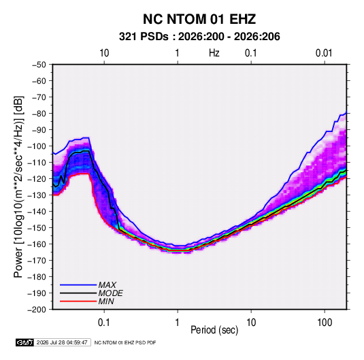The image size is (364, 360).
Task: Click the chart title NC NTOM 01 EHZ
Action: pyautogui.click(x=199, y=19)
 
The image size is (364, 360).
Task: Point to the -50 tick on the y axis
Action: pyautogui.click(x=39, y=65)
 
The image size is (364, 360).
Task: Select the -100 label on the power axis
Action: pyautogui.click(x=37, y=146)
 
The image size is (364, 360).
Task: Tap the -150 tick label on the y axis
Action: pyautogui.click(x=37, y=228)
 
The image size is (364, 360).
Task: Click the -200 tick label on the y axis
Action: pyautogui.click(x=37, y=310)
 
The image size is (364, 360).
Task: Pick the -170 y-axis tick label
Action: pyautogui.click(x=37, y=261)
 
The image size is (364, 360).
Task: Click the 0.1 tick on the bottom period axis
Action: pyautogui.click(x=104, y=323)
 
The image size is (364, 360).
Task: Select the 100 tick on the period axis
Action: pyautogui.click(x=325, y=323)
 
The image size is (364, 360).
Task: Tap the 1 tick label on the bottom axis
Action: pyautogui.click(x=178, y=323)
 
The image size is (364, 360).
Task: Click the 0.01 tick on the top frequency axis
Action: pyautogui.click(x=324, y=53)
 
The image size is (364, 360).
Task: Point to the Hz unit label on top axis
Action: pyautogui.click(x=214, y=53)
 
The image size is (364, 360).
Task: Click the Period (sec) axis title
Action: pyautogui.click(x=214, y=330)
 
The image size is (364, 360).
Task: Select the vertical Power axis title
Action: pyautogui.click(x=18, y=187)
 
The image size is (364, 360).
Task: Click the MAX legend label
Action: pyautogui.click(x=107, y=285)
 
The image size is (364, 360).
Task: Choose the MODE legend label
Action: pyautogui.click(x=110, y=293)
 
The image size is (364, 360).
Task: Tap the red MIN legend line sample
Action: pyautogui.click(x=78, y=301)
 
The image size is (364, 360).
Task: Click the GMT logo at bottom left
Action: pyautogui.click(x=24, y=342)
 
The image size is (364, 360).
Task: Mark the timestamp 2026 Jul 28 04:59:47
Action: pyautogui.click(x=62, y=342)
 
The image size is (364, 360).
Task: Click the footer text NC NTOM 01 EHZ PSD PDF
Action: pyautogui.click(x=125, y=342)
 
